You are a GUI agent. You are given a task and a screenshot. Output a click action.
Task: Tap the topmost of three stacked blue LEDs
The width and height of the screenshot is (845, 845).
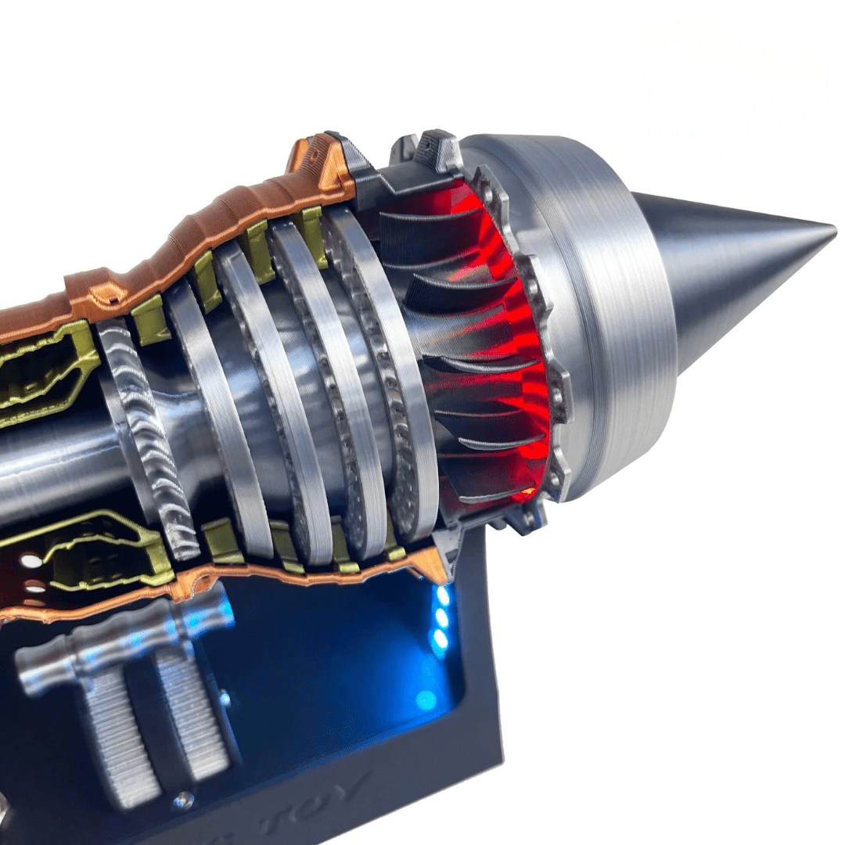tap(444, 595)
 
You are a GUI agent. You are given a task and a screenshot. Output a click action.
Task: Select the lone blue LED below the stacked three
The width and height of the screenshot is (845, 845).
tap(426, 699)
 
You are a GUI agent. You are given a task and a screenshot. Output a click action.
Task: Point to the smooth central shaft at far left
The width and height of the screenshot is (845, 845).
tap(47, 469)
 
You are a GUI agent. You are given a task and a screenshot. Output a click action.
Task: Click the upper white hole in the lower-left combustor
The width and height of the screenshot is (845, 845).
tap(31, 561)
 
